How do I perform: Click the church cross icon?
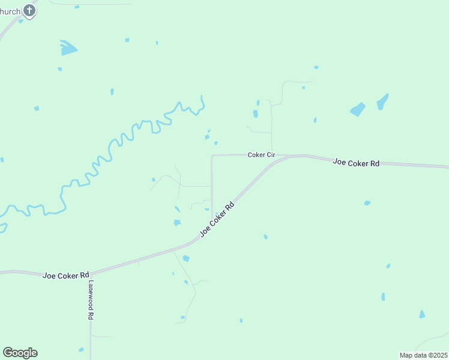pos(28,11)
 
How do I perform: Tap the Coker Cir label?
pos(261,155)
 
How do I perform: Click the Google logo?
pos(20,353)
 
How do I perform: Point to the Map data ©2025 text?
pos(423,355)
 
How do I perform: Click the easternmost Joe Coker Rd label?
pos(357,163)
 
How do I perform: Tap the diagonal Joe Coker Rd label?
pos(216,219)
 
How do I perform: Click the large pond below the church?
pos(68,47)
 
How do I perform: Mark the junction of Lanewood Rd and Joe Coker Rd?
pos(90,275)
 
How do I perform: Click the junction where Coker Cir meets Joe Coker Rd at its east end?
pos(289,157)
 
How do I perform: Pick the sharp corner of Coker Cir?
pos(212,155)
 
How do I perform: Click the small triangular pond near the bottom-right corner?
pos(422,314)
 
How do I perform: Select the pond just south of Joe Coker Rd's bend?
pos(186,259)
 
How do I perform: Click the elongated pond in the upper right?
pos(382,101)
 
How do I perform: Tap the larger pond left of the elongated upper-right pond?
pos(358,109)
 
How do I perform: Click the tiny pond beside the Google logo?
pos(80,349)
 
